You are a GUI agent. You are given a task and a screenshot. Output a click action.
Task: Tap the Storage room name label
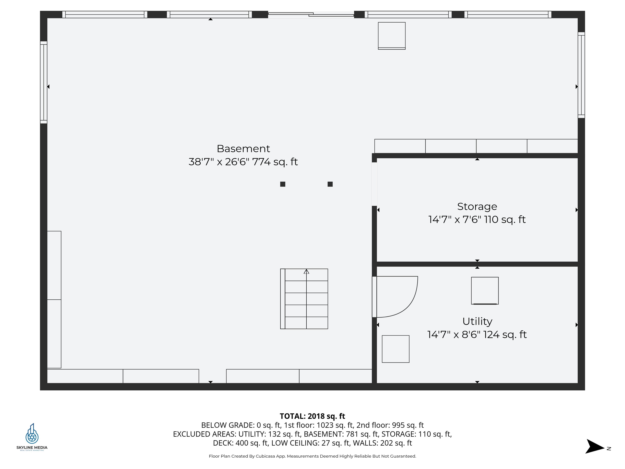(x=477, y=207)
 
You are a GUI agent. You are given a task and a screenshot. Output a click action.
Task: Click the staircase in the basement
(x=304, y=299)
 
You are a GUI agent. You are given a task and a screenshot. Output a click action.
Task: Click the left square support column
(x=283, y=184)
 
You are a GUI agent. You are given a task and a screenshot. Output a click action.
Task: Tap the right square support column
(x=330, y=184)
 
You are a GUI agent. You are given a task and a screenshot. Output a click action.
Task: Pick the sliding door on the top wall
(x=311, y=14)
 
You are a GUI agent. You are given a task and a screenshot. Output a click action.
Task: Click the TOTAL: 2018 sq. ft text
(x=312, y=416)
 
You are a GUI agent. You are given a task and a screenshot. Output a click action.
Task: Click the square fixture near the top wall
(x=392, y=36)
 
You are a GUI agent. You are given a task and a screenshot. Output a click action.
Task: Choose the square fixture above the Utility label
(x=485, y=291)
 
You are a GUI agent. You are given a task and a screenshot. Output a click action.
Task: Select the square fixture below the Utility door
(x=396, y=349)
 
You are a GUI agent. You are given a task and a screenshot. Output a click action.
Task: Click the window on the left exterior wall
(x=44, y=82)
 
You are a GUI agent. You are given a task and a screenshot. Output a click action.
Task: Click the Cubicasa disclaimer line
(x=312, y=456)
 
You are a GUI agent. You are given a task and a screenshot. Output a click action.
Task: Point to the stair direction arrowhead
(x=306, y=272)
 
